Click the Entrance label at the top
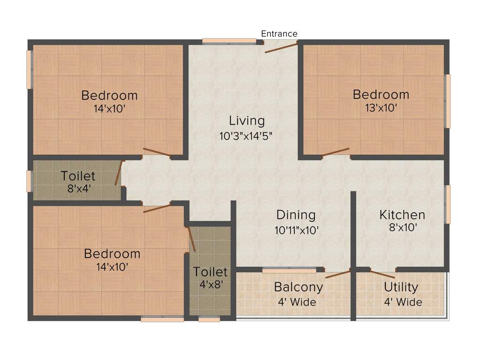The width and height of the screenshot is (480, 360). (279, 34)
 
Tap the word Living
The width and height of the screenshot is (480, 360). (247, 120)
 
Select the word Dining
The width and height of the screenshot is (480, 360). (296, 215)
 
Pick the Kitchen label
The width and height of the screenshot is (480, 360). (402, 215)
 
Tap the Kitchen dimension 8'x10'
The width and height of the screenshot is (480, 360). (402, 228)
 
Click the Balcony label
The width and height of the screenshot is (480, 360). (299, 286)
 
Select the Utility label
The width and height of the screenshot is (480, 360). (401, 287)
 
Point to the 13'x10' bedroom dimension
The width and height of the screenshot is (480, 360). (381, 107)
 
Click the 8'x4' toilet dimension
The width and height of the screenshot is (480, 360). (78, 190)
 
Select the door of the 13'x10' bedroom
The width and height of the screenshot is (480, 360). (335, 152)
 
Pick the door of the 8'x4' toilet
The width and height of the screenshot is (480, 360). (119, 173)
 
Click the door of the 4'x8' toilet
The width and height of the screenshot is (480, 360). (191, 240)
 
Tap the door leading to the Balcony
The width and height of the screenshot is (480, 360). (338, 274)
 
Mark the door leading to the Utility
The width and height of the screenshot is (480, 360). (382, 275)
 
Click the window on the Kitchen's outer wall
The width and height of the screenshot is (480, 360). (448, 204)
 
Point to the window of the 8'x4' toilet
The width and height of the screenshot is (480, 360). (29, 181)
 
